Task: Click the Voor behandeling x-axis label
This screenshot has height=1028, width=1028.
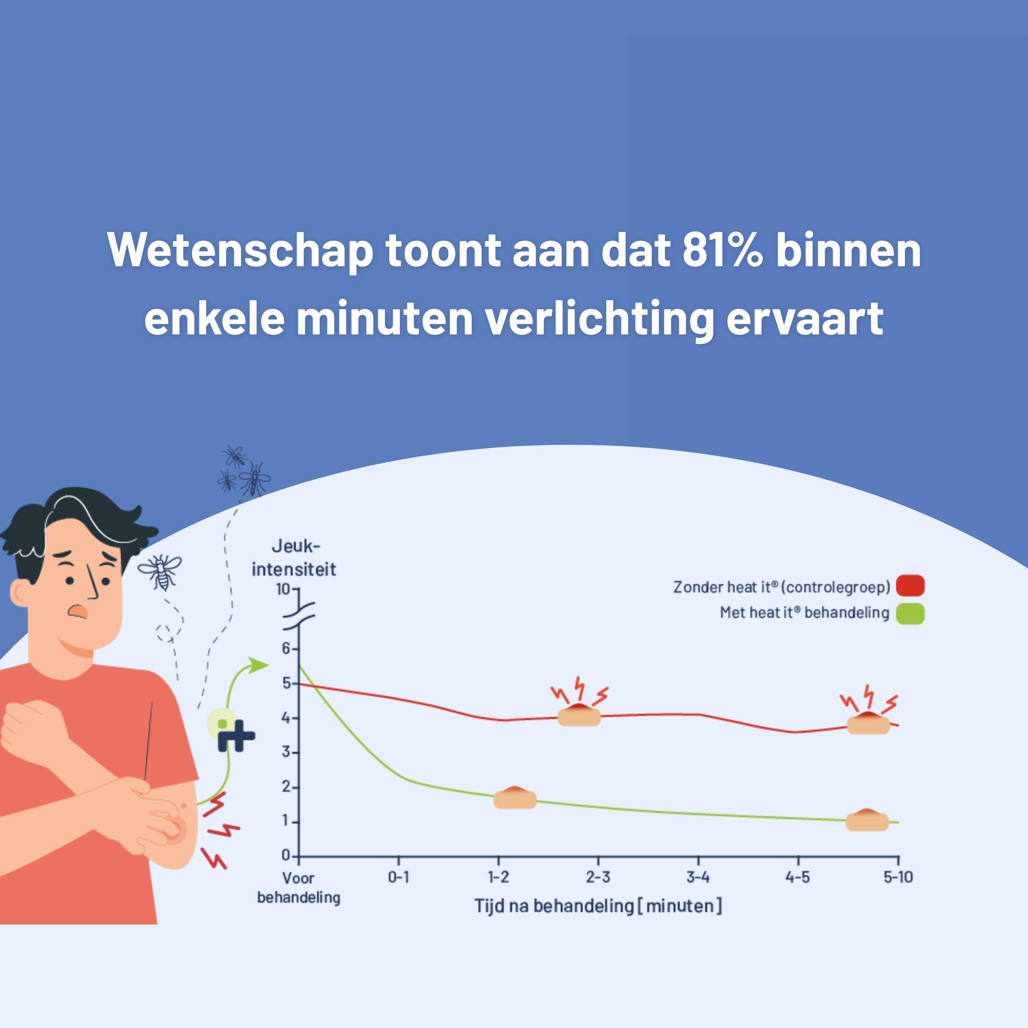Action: pos(298,887)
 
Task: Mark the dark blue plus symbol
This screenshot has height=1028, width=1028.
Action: pos(236,736)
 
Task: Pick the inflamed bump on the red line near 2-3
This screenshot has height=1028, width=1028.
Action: pos(579,714)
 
